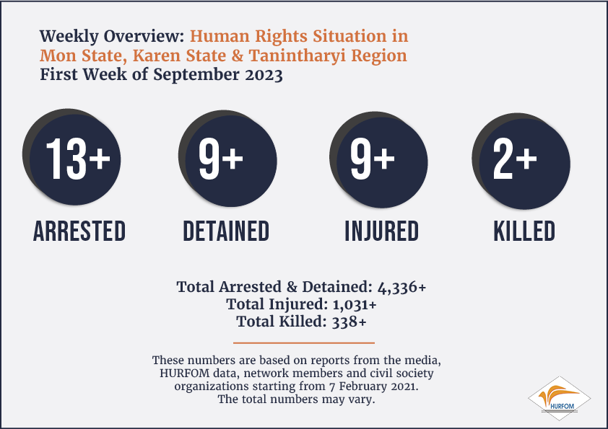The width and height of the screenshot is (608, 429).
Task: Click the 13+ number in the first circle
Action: click(x=78, y=159)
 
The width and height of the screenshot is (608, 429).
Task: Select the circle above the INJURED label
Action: click(x=378, y=159)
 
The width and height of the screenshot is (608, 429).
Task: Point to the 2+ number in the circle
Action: click(x=515, y=159)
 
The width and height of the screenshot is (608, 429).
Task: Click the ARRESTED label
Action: click(x=79, y=231)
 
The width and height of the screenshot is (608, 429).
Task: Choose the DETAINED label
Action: click(x=226, y=231)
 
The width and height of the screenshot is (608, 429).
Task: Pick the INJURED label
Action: click(x=381, y=231)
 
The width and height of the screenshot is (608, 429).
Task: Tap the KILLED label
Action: click(x=524, y=231)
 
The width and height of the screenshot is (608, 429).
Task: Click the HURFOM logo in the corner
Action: click(x=559, y=399)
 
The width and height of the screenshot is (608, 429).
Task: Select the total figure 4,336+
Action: click(x=401, y=287)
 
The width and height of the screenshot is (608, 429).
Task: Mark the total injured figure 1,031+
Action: click(x=355, y=305)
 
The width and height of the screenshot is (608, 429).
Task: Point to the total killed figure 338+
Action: click(x=349, y=322)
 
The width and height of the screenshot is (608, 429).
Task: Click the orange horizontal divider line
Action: click(x=303, y=342)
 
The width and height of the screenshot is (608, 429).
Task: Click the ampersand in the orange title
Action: click(x=238, y=56)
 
